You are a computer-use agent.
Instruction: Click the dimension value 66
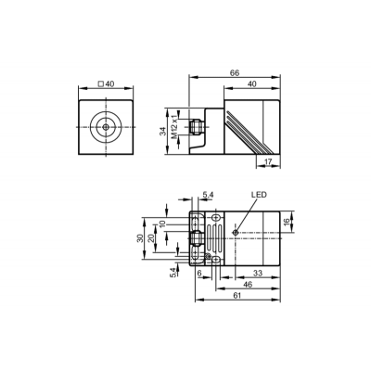[x=235, y=73]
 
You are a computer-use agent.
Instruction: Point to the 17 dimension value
[x=268, y=161]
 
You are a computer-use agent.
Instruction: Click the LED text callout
[x=259, y=195]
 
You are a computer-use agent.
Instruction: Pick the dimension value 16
[x=287, y=222]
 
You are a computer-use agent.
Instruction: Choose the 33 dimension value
[x=258, y=273]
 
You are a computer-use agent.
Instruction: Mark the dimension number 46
[x=249, y=285]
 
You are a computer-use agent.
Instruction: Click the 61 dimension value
[x=237, y=296]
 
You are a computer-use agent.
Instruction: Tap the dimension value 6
[x=199, y=273]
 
